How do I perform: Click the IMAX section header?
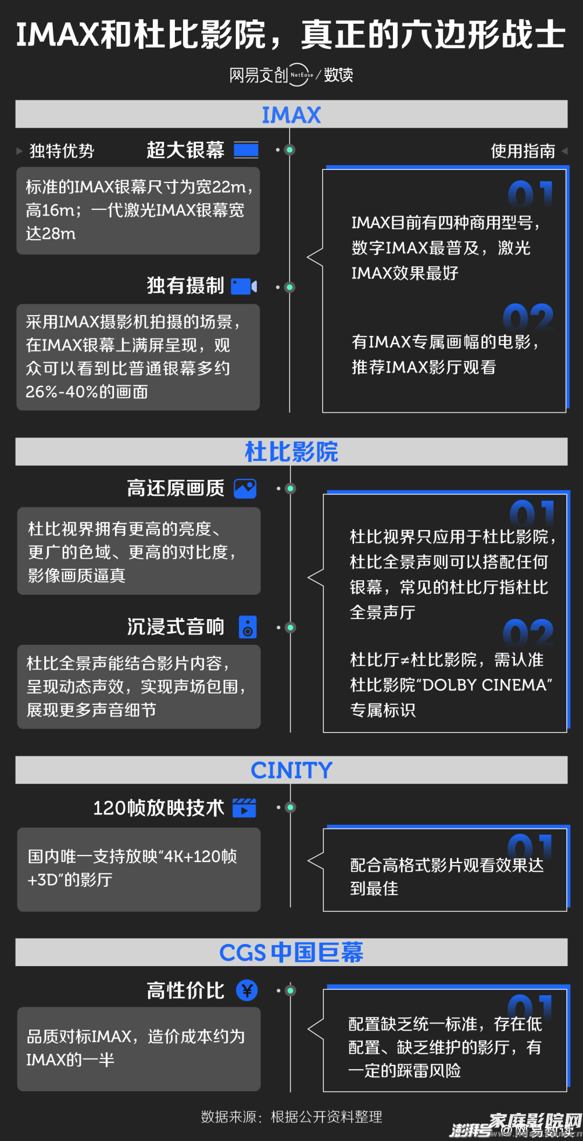tap(291, 115)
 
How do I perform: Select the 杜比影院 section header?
tap(291, 452)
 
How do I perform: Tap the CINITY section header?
tap(291, 770)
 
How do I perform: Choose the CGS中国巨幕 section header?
tap(291, 953)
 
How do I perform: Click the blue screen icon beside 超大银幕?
tap(246, 150)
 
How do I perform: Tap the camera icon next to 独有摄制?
tap(244, 286)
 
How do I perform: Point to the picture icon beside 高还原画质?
tap(245, 488)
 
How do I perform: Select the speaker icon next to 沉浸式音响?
tap(248, 627)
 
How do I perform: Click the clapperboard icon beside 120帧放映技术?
tap(244, 808)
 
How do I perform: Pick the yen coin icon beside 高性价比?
tap(247, 990)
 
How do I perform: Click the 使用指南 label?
tap(523, 151)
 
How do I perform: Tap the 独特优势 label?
tap(62, 151)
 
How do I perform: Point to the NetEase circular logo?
tap(300, 75)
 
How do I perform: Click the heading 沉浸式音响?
tap(175, 627)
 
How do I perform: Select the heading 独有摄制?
tap(185, 286)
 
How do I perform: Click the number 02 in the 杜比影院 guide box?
tap(528, 633)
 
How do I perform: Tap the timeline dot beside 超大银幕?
tap(290, 150)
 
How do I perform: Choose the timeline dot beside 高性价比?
tap(290, 990)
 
